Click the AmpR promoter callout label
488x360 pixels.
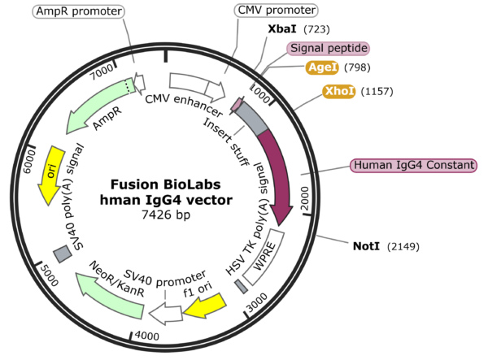(80, 11)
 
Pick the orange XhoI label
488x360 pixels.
(339, 91)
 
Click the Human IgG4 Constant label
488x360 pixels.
(412, 165)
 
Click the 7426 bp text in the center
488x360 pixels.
(165, 215)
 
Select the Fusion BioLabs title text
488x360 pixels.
(166, 184)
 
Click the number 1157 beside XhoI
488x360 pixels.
(375, 91)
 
